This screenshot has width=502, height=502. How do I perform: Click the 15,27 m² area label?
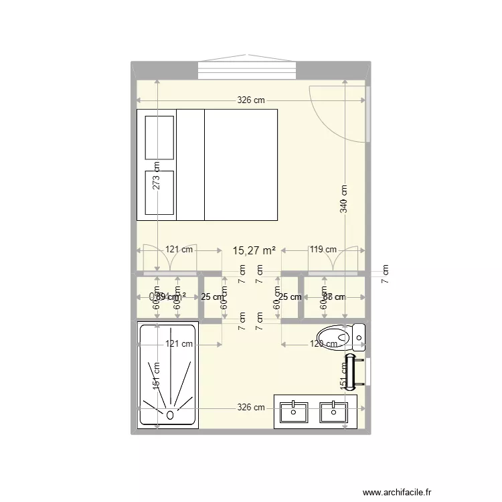click(254, 251)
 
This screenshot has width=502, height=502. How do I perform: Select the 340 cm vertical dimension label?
click(344, 199)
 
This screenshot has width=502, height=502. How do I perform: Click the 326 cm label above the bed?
click(251, 100)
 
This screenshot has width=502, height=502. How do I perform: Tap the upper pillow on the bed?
click(159, 137)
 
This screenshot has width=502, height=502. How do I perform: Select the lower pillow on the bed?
click(159, 192)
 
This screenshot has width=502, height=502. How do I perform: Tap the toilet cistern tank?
click(359, 337)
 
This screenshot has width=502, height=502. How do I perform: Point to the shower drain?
click(169, 415)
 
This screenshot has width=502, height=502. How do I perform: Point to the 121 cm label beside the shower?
click(179, 344)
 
